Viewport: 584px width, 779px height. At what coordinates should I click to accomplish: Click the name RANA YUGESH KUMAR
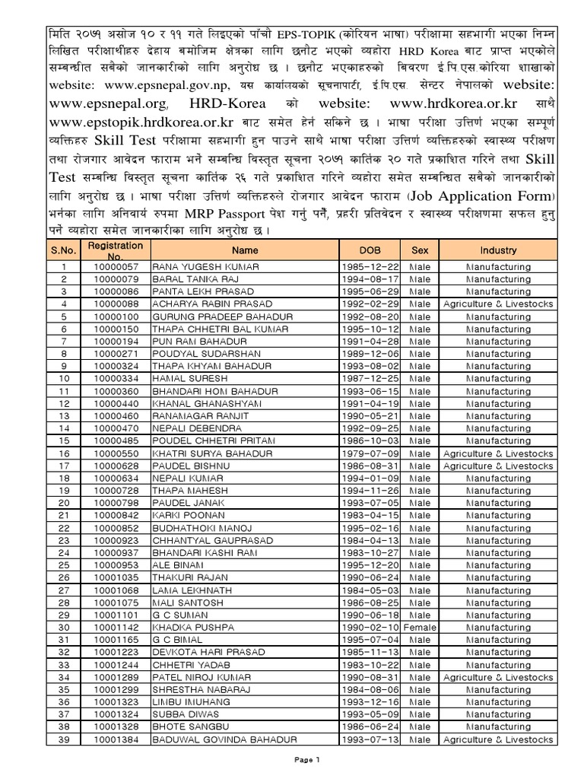point(207,267)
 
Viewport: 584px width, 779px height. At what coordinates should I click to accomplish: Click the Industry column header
point(498,250)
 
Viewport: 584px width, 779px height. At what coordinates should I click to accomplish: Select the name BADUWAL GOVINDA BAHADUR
point(224,739)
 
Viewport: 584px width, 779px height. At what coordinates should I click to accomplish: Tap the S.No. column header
point(65,250)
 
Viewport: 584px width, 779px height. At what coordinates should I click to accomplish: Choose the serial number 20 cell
point(65,502)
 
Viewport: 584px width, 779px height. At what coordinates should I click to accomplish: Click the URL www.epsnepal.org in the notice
point(85,102)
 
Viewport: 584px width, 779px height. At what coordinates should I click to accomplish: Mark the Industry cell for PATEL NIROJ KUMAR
point(498,677)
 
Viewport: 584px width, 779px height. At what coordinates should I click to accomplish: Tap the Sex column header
point(420,250)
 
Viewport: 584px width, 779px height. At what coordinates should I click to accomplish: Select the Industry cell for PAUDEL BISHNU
point(498,466)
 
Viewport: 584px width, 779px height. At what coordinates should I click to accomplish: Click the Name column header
point(245,250)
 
